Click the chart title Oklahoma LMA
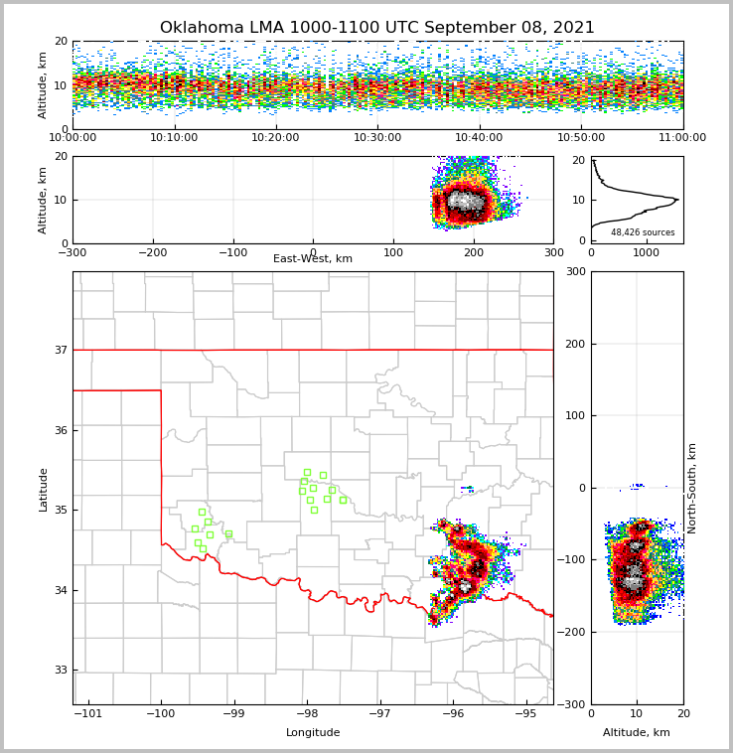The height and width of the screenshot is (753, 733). (x=376, y=28)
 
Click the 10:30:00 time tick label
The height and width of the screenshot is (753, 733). (x=377, y=137)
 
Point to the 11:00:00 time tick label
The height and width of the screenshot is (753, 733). (x=682, y=137)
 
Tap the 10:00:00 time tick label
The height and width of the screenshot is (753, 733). (x=73, y=137)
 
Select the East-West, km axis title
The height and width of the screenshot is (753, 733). (x=313, y=259)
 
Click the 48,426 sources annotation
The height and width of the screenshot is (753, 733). (x=643, y=232)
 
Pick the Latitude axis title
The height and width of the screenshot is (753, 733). (x=44, y=489)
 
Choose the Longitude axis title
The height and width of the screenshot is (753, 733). (x=313, y=733)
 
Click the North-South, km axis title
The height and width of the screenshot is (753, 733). (x=692, y=488)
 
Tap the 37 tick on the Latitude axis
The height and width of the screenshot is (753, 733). (x=61, y=350)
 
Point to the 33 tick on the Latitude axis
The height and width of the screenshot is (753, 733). (x=61, y=670)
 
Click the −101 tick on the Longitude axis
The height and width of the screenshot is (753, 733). (x=88, y=713)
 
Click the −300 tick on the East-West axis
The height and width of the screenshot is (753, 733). (x=73, y=252)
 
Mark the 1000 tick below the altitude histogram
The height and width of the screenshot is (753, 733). (x=646, y=252)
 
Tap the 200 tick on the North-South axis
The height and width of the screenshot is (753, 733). (x=574, y=344)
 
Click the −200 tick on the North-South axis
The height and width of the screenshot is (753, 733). (x=571, y=632)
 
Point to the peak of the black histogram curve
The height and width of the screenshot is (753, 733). (x=677, y=200)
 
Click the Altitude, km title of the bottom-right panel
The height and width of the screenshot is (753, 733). (x=637, y=733)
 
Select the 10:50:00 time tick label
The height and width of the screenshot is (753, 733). (x=581, y=137)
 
